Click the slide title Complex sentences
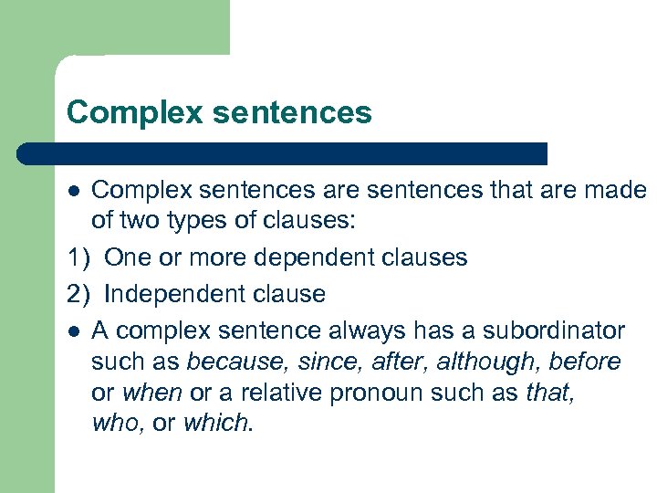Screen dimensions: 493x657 (x=219, y=112)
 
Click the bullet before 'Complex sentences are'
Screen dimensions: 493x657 (x=76, y=191)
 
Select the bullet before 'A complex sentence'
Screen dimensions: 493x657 (x=76, y=330)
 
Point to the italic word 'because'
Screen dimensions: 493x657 (x=235, y=362)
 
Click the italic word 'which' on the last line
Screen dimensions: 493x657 (x=215, y=424)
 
